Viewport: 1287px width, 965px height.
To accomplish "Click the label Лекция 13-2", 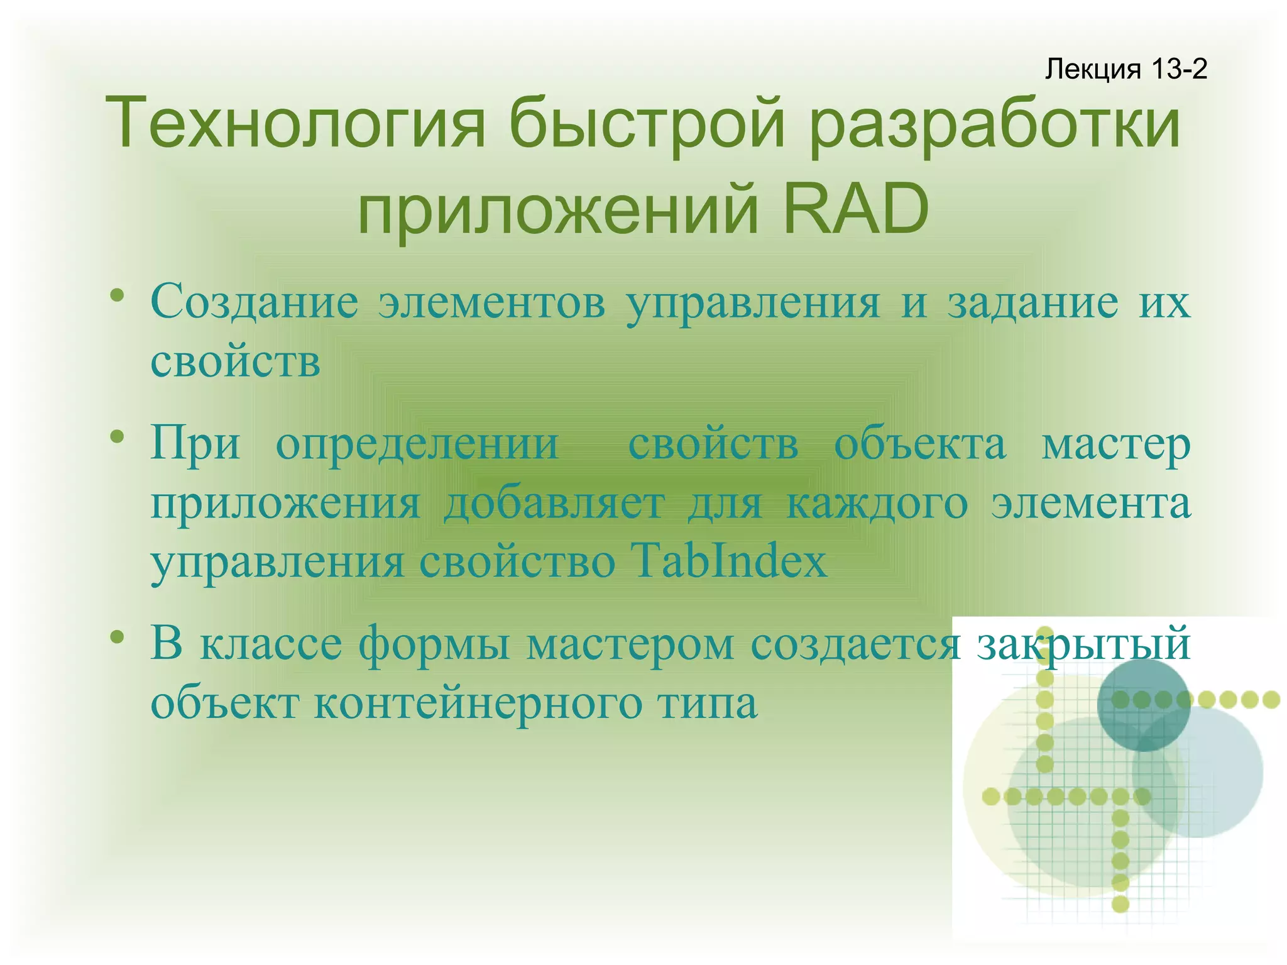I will [x=1125, y=69].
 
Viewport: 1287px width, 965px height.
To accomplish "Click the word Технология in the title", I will [x=295, y=123].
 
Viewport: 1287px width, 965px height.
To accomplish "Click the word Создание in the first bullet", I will [x=255, y=302].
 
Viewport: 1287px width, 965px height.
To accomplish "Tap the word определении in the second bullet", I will [x=417, y=444].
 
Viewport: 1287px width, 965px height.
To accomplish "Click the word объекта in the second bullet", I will [x=920, y=444].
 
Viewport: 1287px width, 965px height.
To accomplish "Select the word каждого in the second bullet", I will [x=877, y=504].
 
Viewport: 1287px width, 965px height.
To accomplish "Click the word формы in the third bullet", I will [x=434, y=645].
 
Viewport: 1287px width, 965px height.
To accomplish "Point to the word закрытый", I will [x=1083, y=644].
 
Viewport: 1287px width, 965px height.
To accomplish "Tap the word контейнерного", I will [x=478, y=703].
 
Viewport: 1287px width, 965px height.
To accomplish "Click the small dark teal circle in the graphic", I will [x=1143, y=705].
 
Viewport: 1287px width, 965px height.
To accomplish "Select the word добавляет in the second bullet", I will [x=554, y=504].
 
